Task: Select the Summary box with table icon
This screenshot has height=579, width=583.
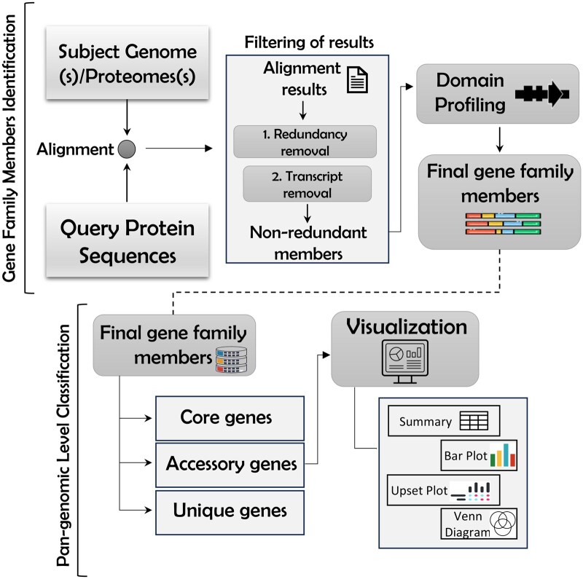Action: (442, 421)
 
